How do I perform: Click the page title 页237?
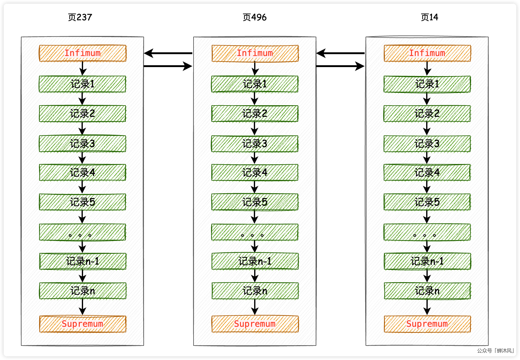pyautogui.click(x=80, y=17)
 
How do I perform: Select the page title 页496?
pyautogui.click(x=254, y=17)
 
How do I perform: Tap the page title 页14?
pyautogui.click(x=429, y=17)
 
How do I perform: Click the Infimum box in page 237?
pyautogui.click(x=82, y=53)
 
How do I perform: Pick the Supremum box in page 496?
pyautogui.click(x=255, y=324)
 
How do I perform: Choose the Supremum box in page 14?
pyautogui.click(x=427, y=324)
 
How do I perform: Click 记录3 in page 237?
pyautogui.click(x=82, y=144)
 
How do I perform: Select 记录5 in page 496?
pyautogui.click(x=255, y=202)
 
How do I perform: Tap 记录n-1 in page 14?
pyautogui.click(x=427, y=261)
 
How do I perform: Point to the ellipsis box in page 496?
pyautogui.click(x=255, y=232)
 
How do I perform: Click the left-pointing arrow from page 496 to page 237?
pyautogui.click(x=168, y=53)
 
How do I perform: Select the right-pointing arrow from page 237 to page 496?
pyautogui.click(x=168, y=66)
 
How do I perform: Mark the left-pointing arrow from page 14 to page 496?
pyautogui.click(x=341, y=53)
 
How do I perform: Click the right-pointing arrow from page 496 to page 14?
pyautogui.click(x=341, y=66)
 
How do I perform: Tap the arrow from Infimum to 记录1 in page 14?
pyautogui.click(x=427, y=69)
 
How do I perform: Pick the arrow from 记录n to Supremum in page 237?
pyautogui.click(x=82, y=307)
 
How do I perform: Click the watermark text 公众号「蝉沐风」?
pyautogui.click(x=496, y=350)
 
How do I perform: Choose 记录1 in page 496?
pyautogui.click(x=255, y=84)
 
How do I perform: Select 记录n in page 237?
pyautogui.click(x=82, y=291)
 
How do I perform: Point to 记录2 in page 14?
pyautogui.click(x=427, y=114)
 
